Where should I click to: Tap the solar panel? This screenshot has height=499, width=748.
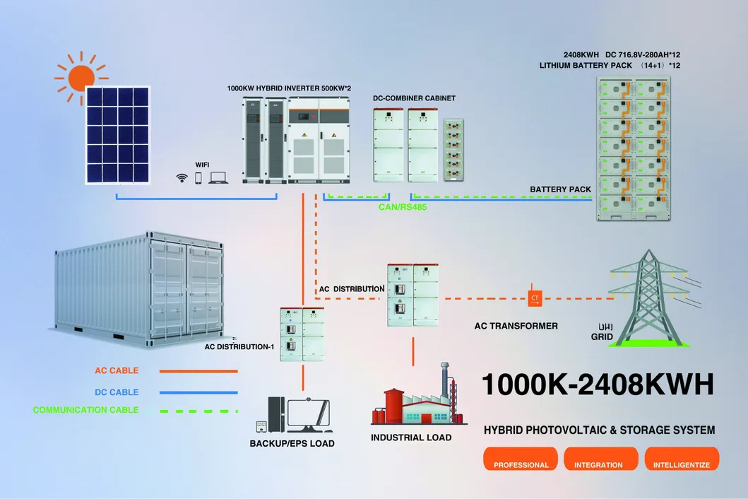119,134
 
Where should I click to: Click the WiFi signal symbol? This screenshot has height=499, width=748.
182,178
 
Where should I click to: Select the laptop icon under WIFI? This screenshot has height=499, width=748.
218,178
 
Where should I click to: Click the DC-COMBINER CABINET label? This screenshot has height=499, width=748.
414,98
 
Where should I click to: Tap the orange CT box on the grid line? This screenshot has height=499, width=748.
534,298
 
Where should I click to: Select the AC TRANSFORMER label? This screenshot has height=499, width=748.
516,326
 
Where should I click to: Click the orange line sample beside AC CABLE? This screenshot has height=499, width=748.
198,370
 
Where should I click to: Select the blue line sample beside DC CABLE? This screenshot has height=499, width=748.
198,392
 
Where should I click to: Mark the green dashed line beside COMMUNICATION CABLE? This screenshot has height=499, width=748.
198,410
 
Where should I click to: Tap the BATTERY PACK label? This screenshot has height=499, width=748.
560,189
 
